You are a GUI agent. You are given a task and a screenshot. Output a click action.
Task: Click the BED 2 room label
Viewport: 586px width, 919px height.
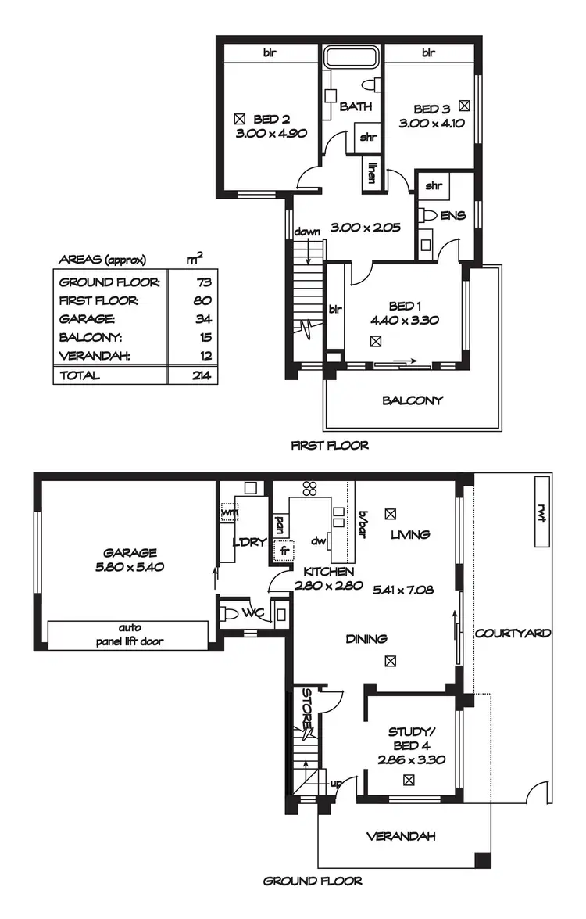[x=272, y=120]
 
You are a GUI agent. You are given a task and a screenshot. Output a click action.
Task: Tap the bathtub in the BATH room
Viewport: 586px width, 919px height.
[x=351, y=59]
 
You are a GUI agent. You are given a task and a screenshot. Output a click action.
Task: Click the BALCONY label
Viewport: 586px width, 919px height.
[x=413, y=400]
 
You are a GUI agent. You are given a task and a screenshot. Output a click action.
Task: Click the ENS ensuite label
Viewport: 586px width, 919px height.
[x=452, y=214]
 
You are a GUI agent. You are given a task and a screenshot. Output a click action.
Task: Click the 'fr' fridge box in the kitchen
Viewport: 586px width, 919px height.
[x=284, y=550]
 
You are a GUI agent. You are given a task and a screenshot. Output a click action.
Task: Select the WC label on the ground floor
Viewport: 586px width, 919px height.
[x=252, y=612]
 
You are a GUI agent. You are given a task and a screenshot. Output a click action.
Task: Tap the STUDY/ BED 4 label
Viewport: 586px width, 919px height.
[x=410, y=738]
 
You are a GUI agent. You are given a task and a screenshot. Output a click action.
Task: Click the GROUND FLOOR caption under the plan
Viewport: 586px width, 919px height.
[x=313, y=881]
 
